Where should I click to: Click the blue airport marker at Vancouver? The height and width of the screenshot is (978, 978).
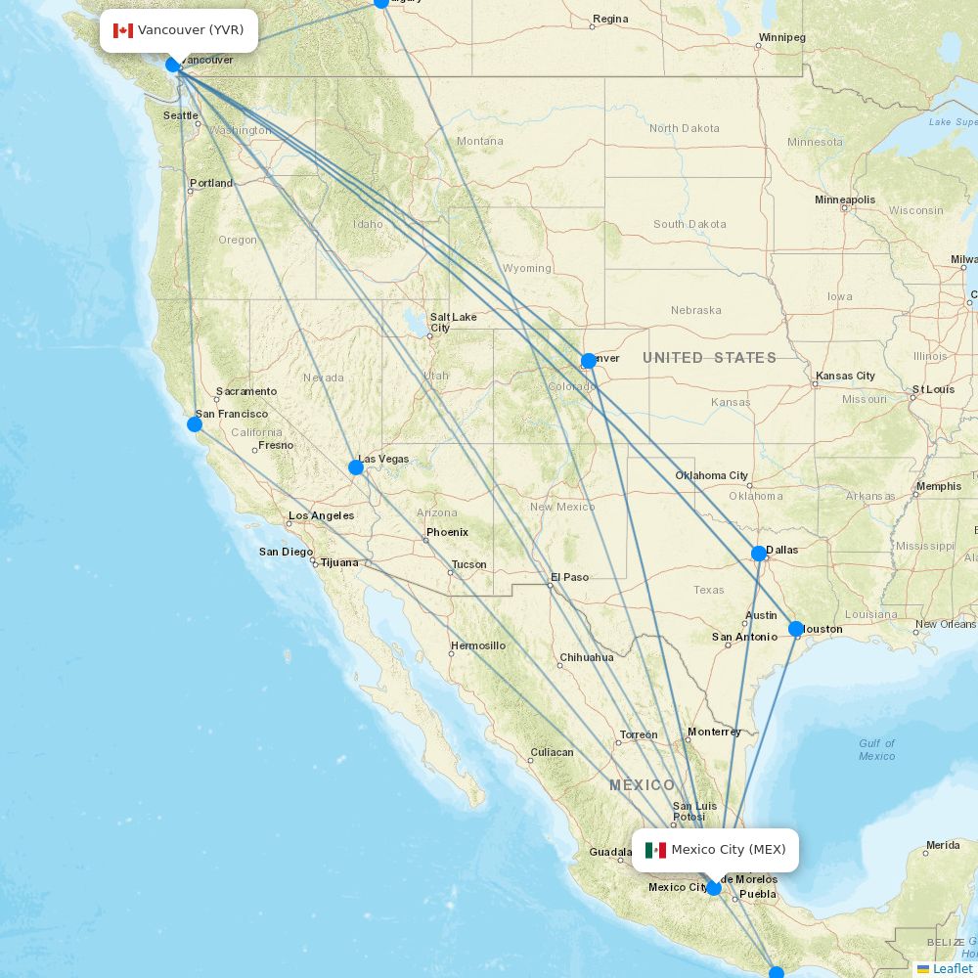[173, 65]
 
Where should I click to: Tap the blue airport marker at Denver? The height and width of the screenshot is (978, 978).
[589, 361]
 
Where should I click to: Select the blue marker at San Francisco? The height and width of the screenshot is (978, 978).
[195, 423]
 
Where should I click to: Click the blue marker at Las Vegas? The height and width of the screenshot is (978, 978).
[356, 467]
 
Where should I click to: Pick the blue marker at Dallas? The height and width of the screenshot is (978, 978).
[759, 554]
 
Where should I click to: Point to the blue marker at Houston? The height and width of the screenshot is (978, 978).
[796, 629]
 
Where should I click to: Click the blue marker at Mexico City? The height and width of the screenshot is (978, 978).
[714, 888]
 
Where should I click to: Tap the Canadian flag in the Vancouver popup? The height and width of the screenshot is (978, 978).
[123, 30]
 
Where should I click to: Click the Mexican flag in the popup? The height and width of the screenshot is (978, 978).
[655, 850]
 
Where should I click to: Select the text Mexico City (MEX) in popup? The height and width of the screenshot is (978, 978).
[728, 850]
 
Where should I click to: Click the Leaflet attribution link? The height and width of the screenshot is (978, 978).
[952, 968]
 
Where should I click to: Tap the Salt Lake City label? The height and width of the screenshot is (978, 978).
[453, 322]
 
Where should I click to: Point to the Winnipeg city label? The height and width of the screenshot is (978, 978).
[781, 37]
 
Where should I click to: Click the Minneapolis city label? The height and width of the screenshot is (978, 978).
[845, 200]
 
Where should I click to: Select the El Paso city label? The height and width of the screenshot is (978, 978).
[570, 577]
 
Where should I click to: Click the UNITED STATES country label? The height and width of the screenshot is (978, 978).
[709, 358]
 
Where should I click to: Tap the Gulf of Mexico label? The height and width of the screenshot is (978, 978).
[876, 749]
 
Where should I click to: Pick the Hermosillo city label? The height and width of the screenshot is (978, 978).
[478, 645]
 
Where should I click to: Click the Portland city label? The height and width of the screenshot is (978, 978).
[211, 183]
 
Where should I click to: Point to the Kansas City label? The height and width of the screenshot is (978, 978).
[846, 376]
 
